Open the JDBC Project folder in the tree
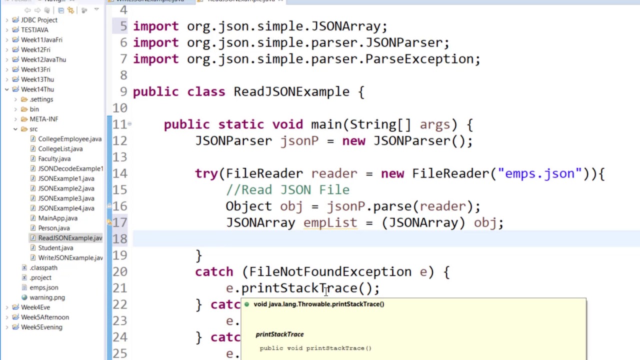[39, 20]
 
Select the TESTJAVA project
[34, 30]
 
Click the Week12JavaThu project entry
[43, 59]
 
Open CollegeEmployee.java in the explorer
[69, 139]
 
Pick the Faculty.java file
[54, 158]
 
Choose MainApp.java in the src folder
[57, 218]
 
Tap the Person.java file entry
[53, 228]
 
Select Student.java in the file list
[55, 248]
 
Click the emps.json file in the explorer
[43, 287]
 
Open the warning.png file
[47, 297]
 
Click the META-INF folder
[43, 119]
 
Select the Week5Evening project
[41, 327]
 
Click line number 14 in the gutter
[119, 173]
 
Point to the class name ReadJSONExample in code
[291, 92]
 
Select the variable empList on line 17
[330, 222]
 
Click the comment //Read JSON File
[287, 190]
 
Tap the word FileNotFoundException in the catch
[330, 272]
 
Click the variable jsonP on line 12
[299, 141]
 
